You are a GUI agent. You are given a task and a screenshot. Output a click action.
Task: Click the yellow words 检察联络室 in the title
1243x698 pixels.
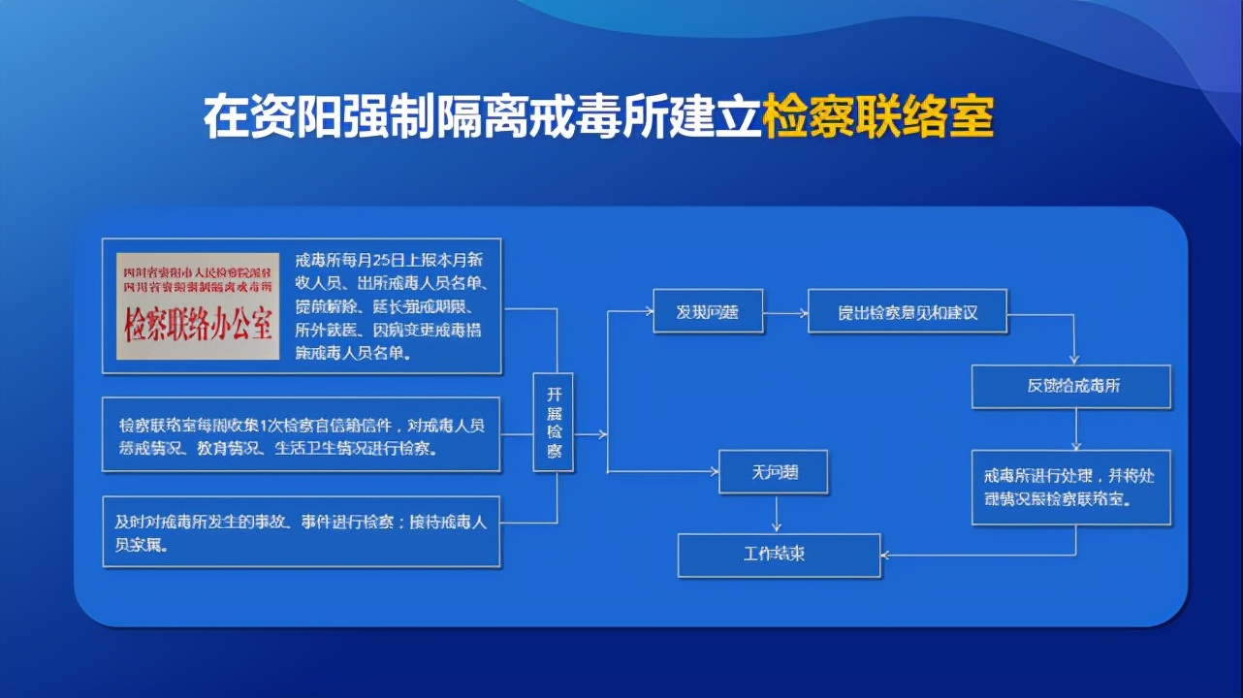[x=878, y=117]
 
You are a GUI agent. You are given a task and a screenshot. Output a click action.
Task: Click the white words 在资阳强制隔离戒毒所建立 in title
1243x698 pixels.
[x=482, y=117]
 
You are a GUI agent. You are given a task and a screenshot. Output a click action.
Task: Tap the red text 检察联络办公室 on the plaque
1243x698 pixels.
[x=198, y=327]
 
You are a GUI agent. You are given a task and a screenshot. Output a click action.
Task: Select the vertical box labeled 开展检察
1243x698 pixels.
[x=554, y=423]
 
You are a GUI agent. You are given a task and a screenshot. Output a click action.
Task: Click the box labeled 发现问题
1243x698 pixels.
[x=708, y=311]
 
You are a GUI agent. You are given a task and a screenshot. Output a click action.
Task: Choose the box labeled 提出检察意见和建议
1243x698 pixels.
[x=908, y=311]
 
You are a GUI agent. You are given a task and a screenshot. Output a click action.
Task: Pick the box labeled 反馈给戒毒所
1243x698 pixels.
[x=1072, y=386]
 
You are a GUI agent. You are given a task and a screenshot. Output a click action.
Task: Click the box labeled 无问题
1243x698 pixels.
[x=773, y=472]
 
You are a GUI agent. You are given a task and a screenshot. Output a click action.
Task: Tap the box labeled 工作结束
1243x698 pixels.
[x=779, y=555]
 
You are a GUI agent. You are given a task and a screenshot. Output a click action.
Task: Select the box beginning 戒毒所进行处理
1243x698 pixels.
[x=1071, y=487]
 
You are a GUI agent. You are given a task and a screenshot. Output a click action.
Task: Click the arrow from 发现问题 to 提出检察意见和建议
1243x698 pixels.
[x=785, y=311]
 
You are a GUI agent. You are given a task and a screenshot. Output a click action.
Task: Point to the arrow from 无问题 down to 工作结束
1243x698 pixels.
[x=776, y=514]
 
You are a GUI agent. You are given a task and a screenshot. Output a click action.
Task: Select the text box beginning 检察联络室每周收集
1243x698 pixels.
[x=302, y=434]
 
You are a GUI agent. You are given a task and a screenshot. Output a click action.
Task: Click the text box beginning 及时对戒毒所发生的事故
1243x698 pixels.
[x=302, y=531]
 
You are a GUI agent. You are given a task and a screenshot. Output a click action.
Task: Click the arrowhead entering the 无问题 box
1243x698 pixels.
[x=714, y=472]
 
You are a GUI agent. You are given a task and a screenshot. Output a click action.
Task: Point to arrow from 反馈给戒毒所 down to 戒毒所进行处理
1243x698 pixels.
[x=1076, y=428]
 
